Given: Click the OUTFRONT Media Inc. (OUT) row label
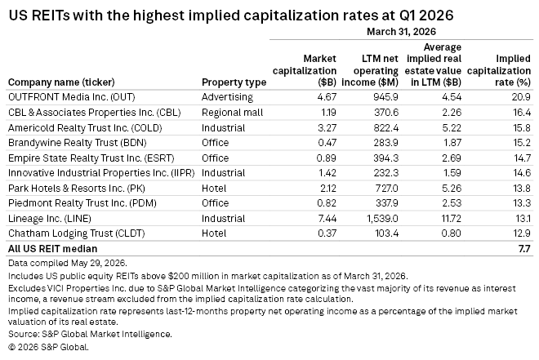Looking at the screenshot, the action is pyautogui.click(x=72, y=97).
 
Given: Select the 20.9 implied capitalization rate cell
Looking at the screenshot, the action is pyautogui.click(x=521, y=97).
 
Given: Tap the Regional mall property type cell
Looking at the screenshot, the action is pyautogui.click(x=233, y=113).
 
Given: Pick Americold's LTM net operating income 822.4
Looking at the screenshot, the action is pyautogui.click(x=386, y=128).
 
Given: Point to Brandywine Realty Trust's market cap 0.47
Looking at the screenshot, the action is pyautogui.click(x=327, y=143).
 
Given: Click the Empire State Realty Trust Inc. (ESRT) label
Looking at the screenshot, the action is pyautogui.click(x=91, y=158).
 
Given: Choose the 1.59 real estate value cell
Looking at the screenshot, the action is pyautogui.click(x=452, y=173).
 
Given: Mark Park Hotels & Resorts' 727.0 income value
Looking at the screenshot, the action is pyautogui.click(x=386, y=189).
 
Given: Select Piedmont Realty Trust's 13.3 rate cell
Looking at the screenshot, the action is pyautogui.click(x=522, y=203).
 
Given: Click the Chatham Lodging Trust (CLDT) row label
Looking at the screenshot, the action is pyautogui.click(x=76, y=233).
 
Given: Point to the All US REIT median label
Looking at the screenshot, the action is pyautogui.click(x=52, y=249).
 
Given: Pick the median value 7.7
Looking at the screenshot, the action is pyautogui.click(x=524, y=249).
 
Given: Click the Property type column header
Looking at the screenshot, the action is pyautogui.click(x=234, y=82).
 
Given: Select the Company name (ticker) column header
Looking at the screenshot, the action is pyautogui.click(x=61, y=82).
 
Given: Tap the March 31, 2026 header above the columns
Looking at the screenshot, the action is pyautogui.click(x=401, y=32).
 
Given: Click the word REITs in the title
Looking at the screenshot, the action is pyautogui.click(x=51, y=16).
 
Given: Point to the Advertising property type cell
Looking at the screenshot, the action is pyautogui.click(x=227, y=97).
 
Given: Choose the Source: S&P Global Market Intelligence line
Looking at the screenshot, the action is pyautogui.click(x=90, y=334).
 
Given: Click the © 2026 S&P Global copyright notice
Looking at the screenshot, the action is pyautogui.click(x=48, y=347).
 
